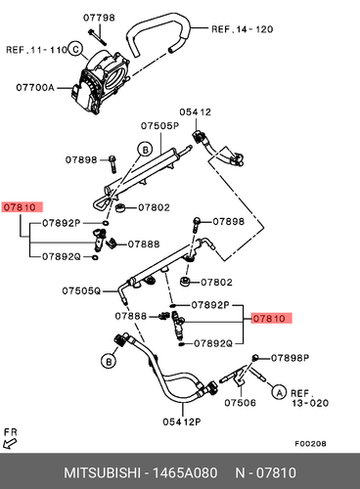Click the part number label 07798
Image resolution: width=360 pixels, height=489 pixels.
click(x=99, y=18)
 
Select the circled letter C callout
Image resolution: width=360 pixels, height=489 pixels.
click(x=75, y=49)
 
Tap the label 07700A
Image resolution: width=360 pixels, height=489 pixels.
click(x=35, y=87)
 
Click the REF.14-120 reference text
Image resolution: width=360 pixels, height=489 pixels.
click(x=243, y=29)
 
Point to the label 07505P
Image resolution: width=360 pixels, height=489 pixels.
click(x=160, y=125)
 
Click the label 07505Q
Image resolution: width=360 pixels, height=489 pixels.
click(x=81, y=290)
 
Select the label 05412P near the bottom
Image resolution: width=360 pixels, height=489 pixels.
click(x=182, y=422)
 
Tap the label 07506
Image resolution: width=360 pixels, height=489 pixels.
click(x=240, y=403)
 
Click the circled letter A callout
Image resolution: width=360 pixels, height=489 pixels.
click(x=279, y=392)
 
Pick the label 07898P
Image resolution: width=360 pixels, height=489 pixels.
click(x=290, y=358)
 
